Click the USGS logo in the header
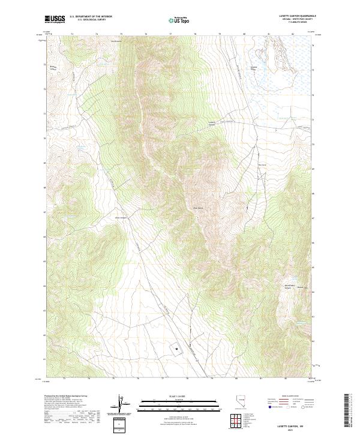click(x=55, y=20)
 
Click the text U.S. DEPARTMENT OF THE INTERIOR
click(x=91, y=17)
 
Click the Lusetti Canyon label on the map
click(x=211, y=123)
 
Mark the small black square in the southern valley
click(x=177, y=347)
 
